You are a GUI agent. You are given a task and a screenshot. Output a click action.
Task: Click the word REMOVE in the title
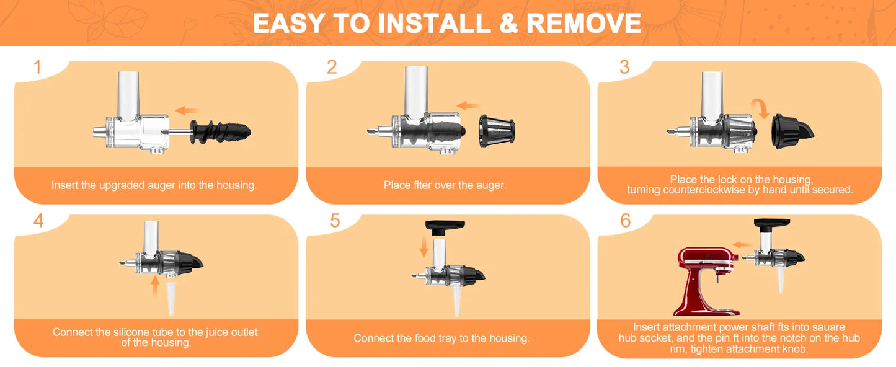click(x=583, y=23)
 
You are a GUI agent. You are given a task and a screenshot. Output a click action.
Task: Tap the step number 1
click(x=38, y=67)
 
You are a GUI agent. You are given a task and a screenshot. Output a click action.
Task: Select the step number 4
click(x=38, y=220)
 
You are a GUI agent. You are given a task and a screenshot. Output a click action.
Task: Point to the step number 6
click(x=625, y=220)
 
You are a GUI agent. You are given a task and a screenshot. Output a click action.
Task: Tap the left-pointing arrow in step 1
click(x=187, y=110)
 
